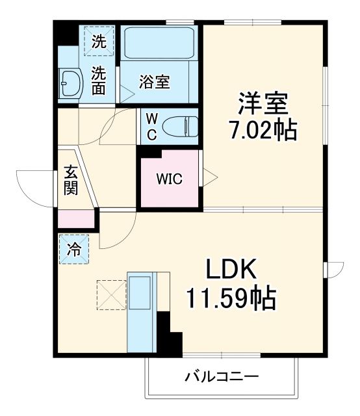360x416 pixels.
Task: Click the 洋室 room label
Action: [x=263, y=103]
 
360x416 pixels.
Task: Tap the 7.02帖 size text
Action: [x=262, y=131]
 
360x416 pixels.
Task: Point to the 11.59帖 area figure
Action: [x=231, y=298]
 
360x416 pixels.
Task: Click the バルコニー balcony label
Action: [x=222, y=377]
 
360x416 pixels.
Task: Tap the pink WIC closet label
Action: [x=168, y=179]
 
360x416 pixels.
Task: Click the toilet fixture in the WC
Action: [x=179, y=125]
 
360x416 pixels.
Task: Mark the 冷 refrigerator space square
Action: [x=75, y=249]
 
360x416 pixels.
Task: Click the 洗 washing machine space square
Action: [x=98, y=42]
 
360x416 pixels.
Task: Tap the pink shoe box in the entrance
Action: [x=76, y=219]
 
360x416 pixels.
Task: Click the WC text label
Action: [x=150, y=125]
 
